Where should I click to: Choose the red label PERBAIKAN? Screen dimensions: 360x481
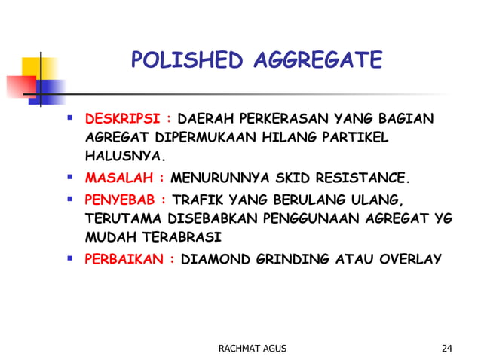click(125, 259)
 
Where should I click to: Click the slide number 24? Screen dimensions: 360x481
click(447, 347)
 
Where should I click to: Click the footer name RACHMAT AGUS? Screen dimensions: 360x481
click(252, 347)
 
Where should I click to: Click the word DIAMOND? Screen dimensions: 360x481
click(215, 259)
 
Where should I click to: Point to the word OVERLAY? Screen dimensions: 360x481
click(410, 259)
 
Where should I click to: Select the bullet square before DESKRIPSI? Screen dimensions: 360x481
click(69, 118)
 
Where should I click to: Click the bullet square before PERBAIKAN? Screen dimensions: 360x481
click(69, 258)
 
